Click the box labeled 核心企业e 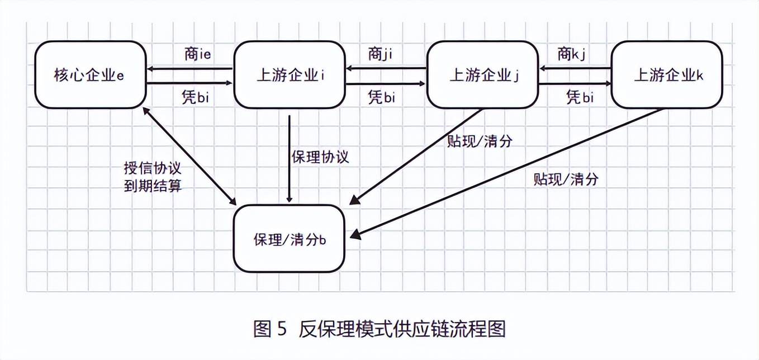(x=89, y=74)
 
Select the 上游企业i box (x=289, y=74)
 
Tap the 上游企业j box (x=483, y=74)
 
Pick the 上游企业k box (x=667, y=74)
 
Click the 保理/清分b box (x=289, y=239)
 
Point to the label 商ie (x=197, y=54)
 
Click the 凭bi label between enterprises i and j (x=381, y=97)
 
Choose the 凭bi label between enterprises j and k (x=580, y=97)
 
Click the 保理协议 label (x=320, y=157)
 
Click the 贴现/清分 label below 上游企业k (x=566, y=179)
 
